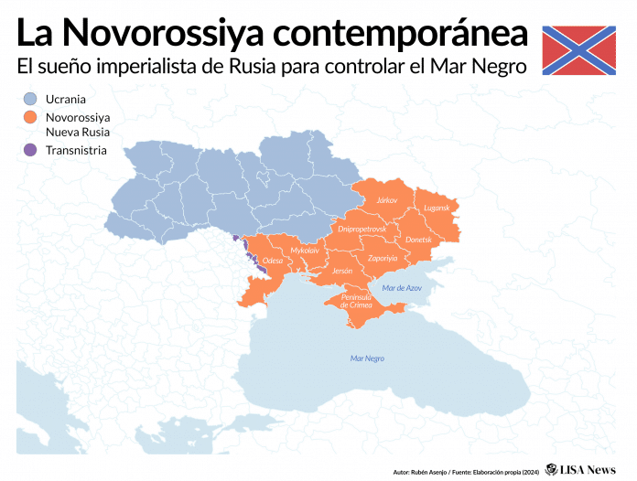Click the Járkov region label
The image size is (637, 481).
coord(387,199)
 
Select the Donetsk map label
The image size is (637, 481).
coord(418,239)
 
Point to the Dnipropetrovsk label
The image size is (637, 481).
coord(362,227)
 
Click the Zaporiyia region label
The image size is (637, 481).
coord(383,259)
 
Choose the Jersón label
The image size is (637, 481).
coord(342,272)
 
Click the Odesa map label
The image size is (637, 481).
coord(273,261)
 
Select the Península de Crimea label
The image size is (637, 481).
coord(356,301)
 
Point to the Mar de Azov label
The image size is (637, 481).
coord(402,288)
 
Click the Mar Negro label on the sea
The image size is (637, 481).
coord(367,358)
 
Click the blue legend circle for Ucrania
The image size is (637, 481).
coord(29,98)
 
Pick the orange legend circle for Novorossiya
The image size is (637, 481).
coord(29,117)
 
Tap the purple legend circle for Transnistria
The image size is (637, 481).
coord(29,150)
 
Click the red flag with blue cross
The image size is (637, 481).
coord(578,50)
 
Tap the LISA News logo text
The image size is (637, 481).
coord(588,469)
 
